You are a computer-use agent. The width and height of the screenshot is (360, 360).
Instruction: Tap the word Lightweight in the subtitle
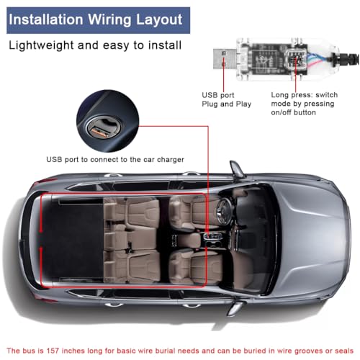coord(41,45)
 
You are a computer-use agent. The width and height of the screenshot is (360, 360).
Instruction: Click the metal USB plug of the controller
coord(225,59)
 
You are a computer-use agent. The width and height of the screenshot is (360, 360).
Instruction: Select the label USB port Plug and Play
coord(226,99)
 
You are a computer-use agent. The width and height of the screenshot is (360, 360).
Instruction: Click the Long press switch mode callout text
coord(304,104)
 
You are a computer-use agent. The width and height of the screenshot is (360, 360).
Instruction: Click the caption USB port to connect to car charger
coord(115,160)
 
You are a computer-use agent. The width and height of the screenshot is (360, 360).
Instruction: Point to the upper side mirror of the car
coord(237,168)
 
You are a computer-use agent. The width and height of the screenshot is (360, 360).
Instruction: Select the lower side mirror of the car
coord(236,308)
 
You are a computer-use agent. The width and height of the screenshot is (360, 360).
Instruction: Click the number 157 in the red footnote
coord(53,351)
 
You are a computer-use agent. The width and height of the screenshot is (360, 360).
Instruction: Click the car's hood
coord(312,239)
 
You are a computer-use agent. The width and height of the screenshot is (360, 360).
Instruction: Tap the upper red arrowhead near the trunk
coord(41,230)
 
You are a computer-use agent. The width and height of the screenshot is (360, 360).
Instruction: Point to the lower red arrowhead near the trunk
coord(41,251)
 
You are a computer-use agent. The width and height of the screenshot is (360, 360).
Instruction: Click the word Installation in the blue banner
coord(46,19)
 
